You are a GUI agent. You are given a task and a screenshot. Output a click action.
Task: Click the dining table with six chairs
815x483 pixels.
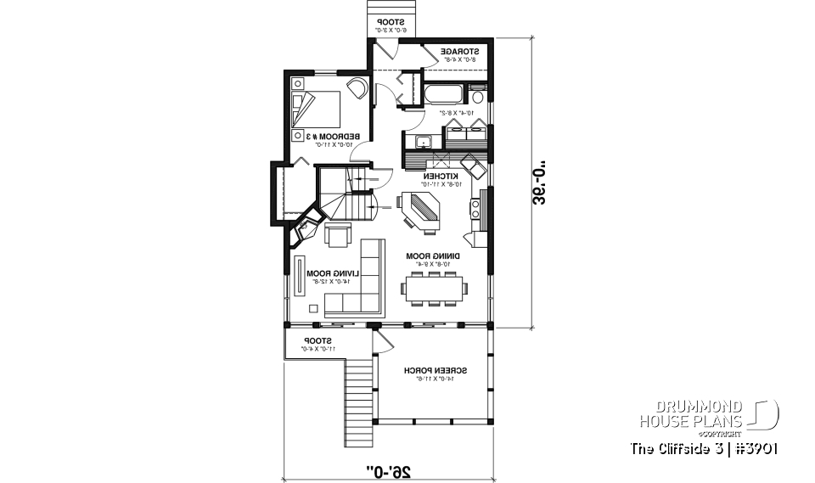pos(436,289)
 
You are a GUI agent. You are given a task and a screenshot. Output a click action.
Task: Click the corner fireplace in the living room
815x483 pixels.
pos(303,227)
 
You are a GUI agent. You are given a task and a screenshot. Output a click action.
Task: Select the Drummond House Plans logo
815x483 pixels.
pos(708,415)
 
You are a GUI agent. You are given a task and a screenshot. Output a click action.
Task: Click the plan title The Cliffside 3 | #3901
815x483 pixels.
pos(705,448)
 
